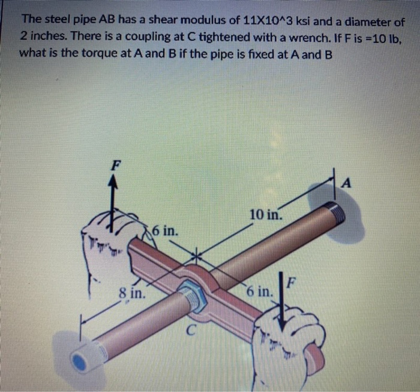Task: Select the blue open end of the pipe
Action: point(80,360)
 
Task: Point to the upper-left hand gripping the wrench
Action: point(108,240)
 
